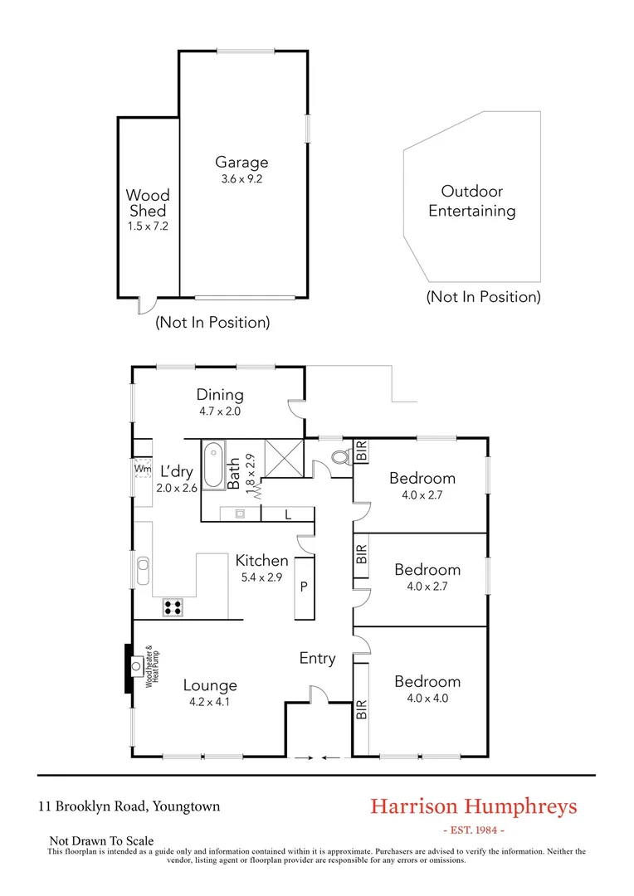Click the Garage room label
(241, 163)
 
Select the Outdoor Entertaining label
(471, 201)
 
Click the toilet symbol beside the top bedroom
(339, 457)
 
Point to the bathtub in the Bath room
(213, 465)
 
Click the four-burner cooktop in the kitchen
(173, 606)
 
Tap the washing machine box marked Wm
(143, 469)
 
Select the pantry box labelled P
(304, 587)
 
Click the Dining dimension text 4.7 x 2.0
(220, 411)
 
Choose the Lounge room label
(210, 685)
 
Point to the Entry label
(317, 659)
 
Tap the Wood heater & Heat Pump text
(151, 666)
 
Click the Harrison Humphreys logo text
(473, 806)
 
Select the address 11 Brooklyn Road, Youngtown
(129, 806)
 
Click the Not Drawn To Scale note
(101, 840)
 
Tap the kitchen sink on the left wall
(143, 570)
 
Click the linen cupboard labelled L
(287, 514)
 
